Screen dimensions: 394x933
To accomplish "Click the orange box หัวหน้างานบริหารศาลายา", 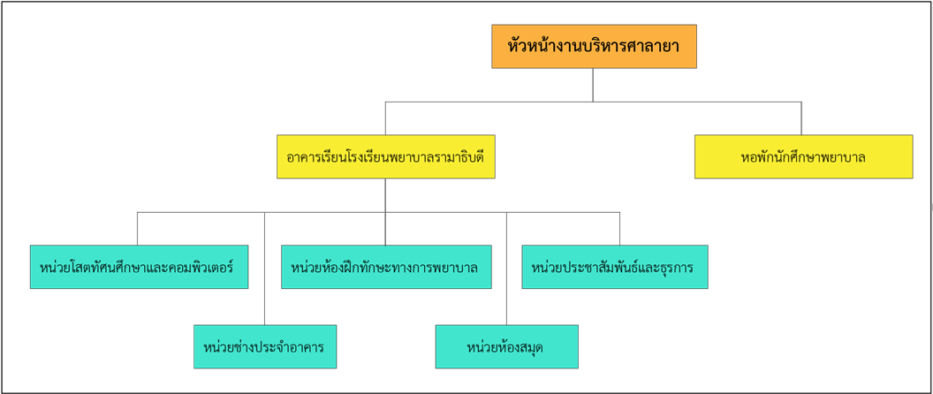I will [594, 47].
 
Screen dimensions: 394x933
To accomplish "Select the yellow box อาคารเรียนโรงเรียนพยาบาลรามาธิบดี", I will [385, 157].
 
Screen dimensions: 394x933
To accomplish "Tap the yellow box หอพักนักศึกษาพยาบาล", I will [803, 157].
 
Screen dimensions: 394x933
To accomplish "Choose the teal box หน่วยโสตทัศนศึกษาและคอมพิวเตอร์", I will [138, 267].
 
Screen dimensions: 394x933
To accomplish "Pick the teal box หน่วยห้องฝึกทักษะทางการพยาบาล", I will [386, 267].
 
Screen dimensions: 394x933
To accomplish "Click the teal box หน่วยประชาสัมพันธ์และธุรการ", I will [614, 267].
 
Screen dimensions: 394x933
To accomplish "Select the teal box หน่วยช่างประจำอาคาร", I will [264, 347].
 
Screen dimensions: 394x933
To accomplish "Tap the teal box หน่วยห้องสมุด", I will [506, 347].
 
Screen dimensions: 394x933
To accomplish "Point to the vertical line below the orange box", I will [593, 85].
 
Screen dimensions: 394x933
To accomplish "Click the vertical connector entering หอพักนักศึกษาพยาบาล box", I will [801, 118].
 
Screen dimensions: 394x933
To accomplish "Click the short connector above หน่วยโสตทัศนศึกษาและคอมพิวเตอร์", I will [137, 229].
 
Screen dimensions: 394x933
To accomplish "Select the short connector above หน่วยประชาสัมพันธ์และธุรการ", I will [619, 229].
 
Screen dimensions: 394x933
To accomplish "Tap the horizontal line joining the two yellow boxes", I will [593, 102].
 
